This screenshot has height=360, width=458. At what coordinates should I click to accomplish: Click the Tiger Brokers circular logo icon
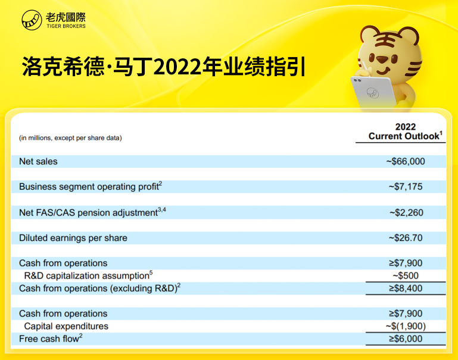coord(32,20)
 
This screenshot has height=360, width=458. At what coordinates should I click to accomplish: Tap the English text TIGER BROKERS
coord(66,26)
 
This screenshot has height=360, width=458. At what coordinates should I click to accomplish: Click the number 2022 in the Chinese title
coord(177,67)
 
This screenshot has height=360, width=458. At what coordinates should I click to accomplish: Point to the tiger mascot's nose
coord(382,60)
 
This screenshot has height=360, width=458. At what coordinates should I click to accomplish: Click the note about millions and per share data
coord(70,138)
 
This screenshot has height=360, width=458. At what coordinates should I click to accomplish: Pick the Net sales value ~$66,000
coord(406,161)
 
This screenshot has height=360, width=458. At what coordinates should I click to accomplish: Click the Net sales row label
coord(38,161)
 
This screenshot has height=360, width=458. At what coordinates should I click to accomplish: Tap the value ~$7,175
coord(406,187)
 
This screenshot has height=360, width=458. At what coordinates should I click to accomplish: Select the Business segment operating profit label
coord(91,186)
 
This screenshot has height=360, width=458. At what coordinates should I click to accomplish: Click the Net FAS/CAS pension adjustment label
coord(92,212)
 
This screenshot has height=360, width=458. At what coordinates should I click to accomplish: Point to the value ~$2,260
coord(406,212)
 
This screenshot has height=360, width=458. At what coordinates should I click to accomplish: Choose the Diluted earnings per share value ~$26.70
coord(406,238)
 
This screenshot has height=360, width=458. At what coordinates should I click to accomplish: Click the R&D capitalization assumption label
coord(88,275)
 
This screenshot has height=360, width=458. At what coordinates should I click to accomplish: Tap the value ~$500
coord(406,276)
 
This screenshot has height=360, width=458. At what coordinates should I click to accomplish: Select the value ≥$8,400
coord(406,289)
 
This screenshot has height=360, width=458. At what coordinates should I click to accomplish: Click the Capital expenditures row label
coord(66,326)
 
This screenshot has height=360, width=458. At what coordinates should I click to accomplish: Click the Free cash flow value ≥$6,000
coord(406,339)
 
